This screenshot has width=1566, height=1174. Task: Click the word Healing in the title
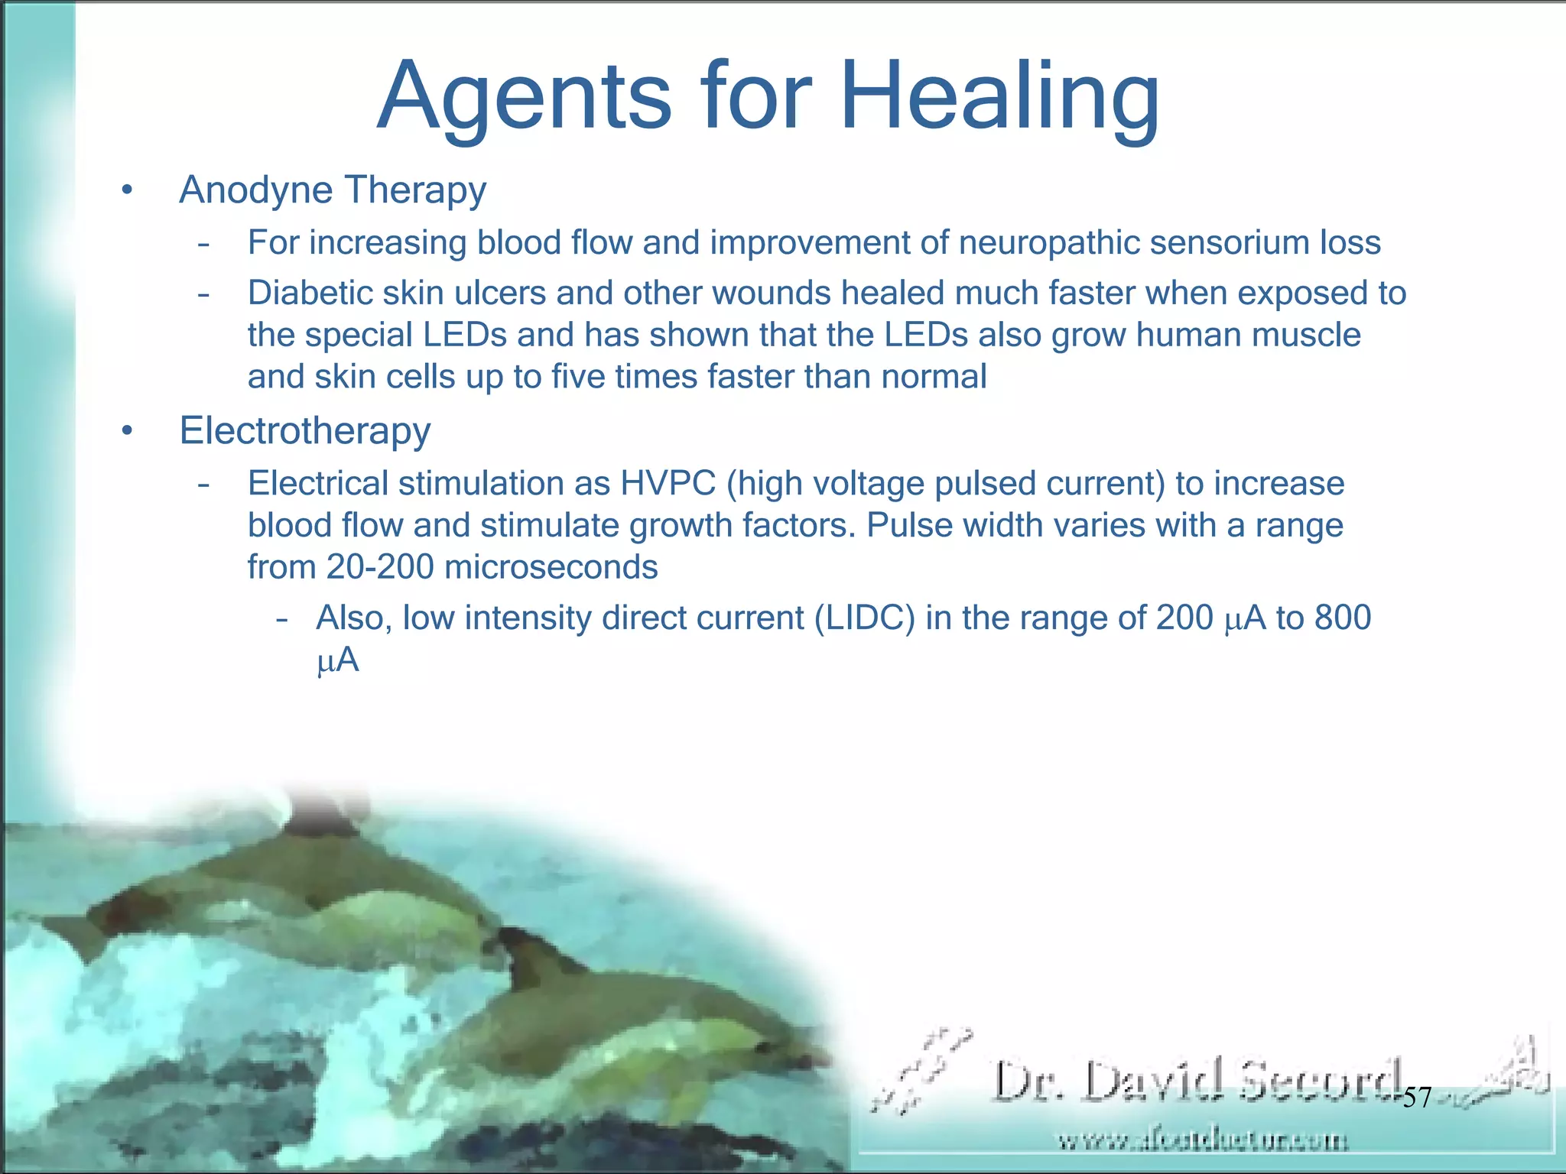click(x=999, y=98)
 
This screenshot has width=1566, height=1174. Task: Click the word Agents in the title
click(x=525, y=98)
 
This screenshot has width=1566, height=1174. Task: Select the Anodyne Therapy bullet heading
click(x=333, y=190)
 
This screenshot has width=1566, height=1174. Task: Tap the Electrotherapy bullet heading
click(x=304, y=430)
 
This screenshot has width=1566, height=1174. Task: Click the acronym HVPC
click(x=668, y=484)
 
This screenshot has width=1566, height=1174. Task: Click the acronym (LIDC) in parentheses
click(x=864, y=618)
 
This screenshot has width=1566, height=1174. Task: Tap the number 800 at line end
click(x=1343, y=618)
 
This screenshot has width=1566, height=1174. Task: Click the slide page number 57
click(x=1417, y=1098)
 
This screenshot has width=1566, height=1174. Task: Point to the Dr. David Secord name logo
click(x=1197, y=1082)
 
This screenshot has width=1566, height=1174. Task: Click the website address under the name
click(x=1202, y=1141)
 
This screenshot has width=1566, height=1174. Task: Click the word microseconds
click(x=551, y=567)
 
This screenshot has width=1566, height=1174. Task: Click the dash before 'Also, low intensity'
click(x=282, y=619)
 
